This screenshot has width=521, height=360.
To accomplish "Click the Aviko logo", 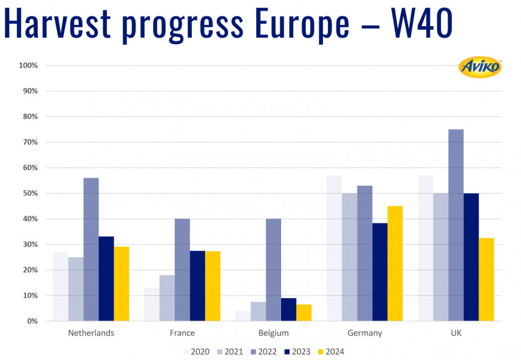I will pyautogui.click(x=480, y=67).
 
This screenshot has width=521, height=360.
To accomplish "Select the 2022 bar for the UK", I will pyautogui.click(x=456, y=225).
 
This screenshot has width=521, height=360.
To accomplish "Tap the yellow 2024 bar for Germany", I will pyautogui.click(x=395, y=263).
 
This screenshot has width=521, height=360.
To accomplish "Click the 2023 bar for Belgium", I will pyautogui.click(x=288, y=309).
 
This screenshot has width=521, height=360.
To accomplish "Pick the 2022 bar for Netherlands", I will pyautogui.click(x=91, y=249).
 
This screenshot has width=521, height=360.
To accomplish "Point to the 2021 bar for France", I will pyautogui.click(x=167, y=297).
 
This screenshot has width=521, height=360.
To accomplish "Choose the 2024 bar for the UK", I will pyautogui.click(x=486, y=279).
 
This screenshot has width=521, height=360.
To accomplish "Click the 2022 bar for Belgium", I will pyautogui.click(x=273, y=270).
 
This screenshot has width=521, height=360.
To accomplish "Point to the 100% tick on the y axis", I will pyautogui.click(x=29, y=65).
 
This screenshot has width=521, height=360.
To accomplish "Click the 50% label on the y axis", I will pyautogui.click(x=30, y=193).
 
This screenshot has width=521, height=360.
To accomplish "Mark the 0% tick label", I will pyautogui.click(x=32, y=321).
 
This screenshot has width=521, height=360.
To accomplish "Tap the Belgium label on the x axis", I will pyautogui.click(x=273, y=333).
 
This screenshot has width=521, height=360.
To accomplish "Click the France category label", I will pyautogui.click(x=182, y=333).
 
